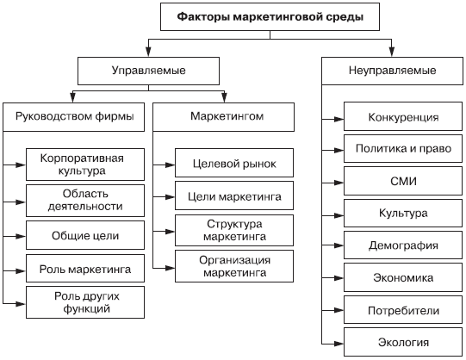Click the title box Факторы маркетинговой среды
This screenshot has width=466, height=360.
coord(270,17)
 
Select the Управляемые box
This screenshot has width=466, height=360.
coord(149,71)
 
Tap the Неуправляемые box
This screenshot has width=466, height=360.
coord(392,71)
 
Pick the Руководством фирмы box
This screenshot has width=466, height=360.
coord(74,117)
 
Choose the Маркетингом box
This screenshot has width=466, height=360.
coord(223,117)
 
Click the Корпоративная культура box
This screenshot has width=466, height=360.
coord(85,164)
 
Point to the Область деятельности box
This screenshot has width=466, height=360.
coord(85,201)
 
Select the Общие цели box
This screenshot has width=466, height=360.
coord(85,235)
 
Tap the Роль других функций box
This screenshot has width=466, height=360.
coord(85,302)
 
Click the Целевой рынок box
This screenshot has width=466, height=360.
coord(234,163)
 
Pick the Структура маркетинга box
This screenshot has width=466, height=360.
coord(234,231)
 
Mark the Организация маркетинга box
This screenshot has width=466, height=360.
coord(234,266)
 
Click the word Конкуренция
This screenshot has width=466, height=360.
coord(403,117)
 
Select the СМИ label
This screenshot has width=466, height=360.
coord(403,181)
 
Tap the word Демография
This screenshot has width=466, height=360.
coord(403,245)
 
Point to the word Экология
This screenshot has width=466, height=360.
coord(403,343)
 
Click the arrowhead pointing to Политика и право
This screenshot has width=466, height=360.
coord(339,151)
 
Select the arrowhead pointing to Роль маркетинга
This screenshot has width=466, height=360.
coord(21,271)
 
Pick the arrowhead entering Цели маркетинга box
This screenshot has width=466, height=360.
coord(170,197)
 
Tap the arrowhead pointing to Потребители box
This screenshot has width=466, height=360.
coord(339,310)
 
